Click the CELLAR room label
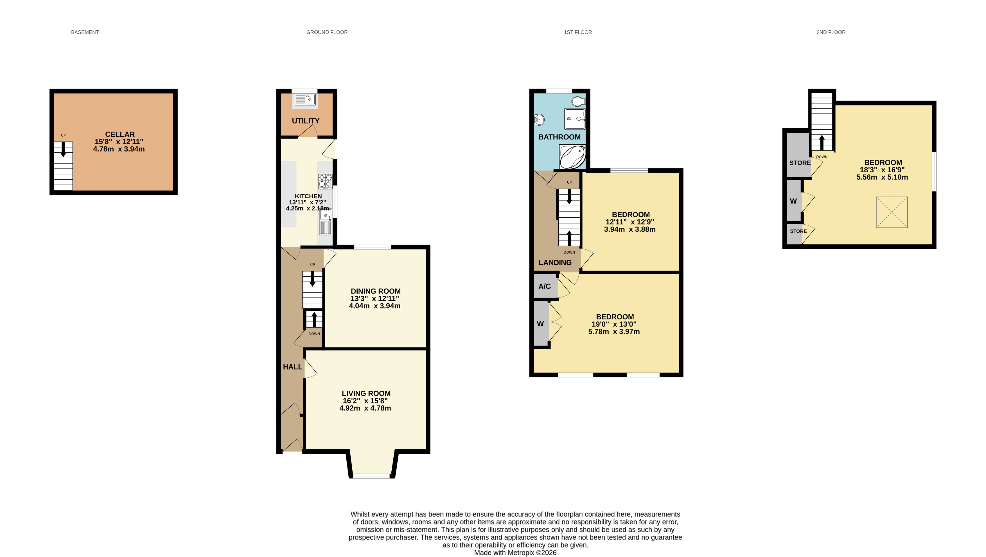pyautogui.click(x=120, y=134)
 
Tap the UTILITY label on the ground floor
pyautogui.click(x=305, y=121)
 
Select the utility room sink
pyautogui.click(x=305, y=100)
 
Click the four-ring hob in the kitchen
pyautogui.click(x=325, y=181)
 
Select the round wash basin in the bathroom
pyautogui.click(x=539, y=120)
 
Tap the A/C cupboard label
pyautogui.click(x=544, y=286)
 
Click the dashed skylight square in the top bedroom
pyautogui.click(x=892, y=213)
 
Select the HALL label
pyautogui.click(x=292, y=367)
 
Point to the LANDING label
pyautogui.click(x=555, y=263)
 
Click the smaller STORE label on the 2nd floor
pyautogui.click(x=798, y=231)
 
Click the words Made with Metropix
pyautogui.click(x=504, y=553)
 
